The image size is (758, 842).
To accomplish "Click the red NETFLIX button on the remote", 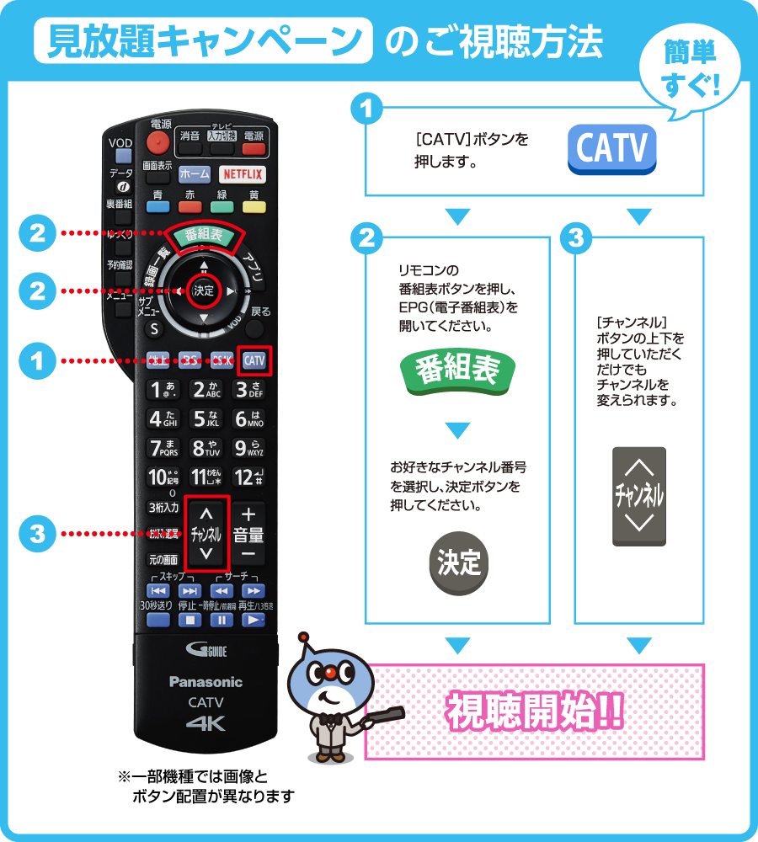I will (243, 174).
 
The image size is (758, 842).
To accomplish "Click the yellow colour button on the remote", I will (254, 206).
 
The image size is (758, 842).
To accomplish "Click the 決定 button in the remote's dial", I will (204, 290).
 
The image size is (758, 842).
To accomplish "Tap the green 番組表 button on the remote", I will (204, 235).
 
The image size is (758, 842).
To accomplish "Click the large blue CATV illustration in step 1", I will (612, 150).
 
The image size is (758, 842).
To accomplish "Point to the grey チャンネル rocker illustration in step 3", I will (639, 496).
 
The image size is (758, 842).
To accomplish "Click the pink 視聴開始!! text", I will (534, 713).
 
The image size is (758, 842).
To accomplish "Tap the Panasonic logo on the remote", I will (206, 682).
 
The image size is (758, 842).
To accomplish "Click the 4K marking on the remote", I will (206, 723).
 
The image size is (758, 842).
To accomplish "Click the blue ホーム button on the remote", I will (194, 174).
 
